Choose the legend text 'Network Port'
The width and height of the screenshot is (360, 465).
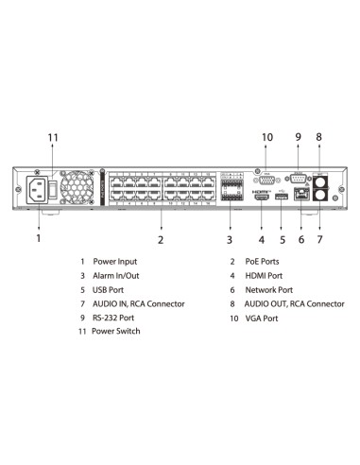coord(269,289)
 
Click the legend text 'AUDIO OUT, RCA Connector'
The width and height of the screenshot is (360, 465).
coord(294,304)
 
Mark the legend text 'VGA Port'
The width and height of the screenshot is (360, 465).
coord(262,319)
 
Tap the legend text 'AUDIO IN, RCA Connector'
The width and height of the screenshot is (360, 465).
coord(138,304)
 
